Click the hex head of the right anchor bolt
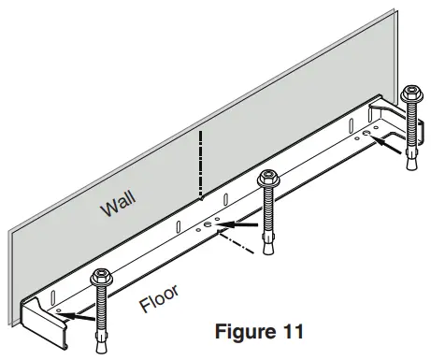[410, 94]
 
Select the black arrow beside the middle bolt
[241, 224]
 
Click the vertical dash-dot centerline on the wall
[199, 164]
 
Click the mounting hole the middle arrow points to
[208, 225]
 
